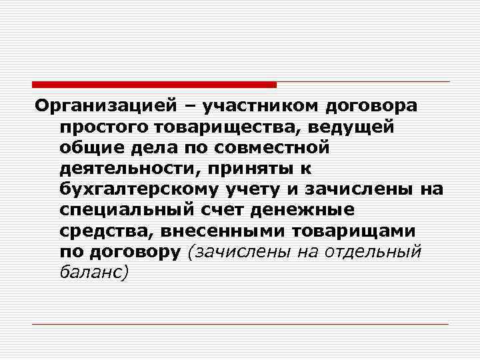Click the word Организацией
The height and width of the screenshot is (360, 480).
[x=107, y=105]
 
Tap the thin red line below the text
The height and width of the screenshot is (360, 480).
[x=240, y=324]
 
